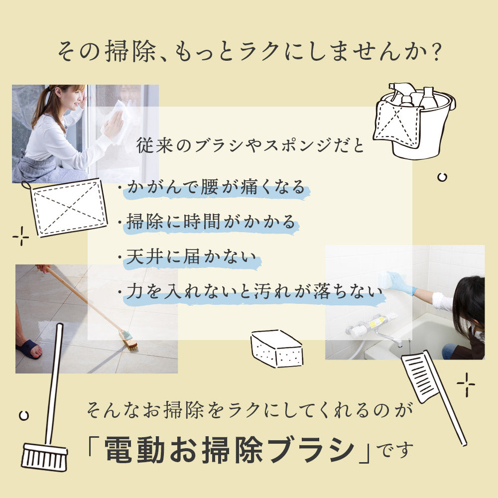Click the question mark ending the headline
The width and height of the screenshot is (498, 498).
(433, 50)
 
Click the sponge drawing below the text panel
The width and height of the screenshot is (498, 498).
(276, 349)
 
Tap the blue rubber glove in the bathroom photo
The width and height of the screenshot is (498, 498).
(401, 283)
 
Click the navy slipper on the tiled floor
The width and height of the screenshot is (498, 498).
(28, 349)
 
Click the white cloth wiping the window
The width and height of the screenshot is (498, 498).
(117, 119)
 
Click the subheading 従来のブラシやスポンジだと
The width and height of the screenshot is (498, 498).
(251, 146)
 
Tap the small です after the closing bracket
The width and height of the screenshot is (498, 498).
(394, 450)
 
